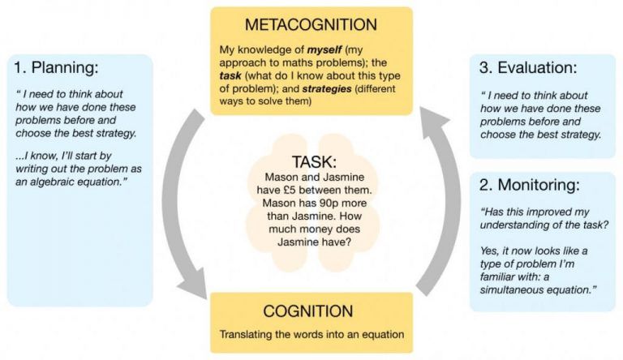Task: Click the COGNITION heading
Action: [311, 311]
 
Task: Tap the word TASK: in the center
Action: [311, 161]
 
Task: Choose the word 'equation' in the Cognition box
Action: [379, 333]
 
